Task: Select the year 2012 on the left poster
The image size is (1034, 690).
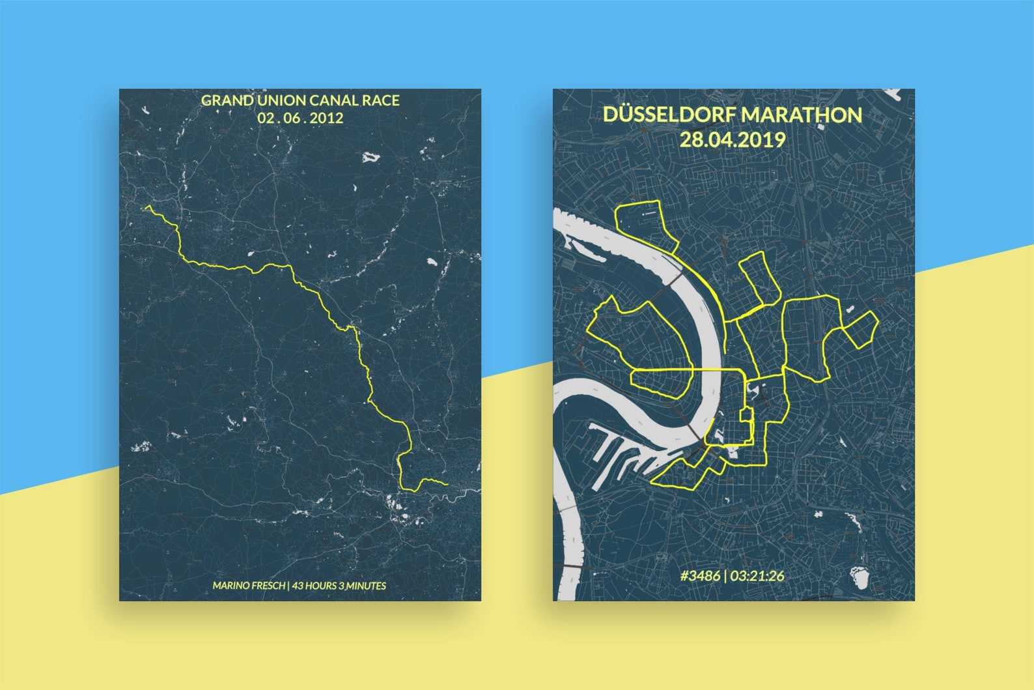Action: point(327,118)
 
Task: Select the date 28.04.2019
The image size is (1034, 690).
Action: point(732,140)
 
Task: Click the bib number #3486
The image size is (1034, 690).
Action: point(700,575)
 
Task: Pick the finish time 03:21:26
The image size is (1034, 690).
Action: point(757,575)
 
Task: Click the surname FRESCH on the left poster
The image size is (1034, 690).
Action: point(267,586)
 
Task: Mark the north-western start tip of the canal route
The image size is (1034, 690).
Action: point(146,207)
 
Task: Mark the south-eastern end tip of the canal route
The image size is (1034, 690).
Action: point(447,484)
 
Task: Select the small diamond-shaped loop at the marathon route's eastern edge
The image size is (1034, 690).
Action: point(861,328)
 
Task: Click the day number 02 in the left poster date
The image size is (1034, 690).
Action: point(264,118)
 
